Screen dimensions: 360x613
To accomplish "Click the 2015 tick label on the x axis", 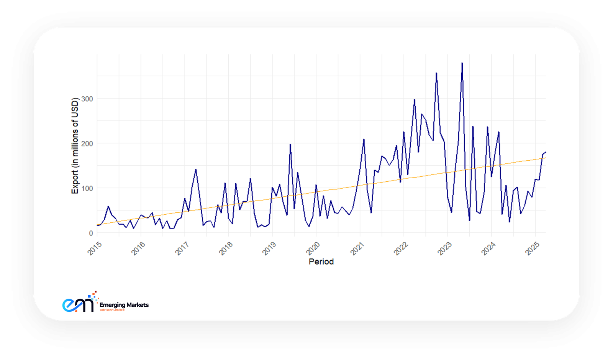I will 95,248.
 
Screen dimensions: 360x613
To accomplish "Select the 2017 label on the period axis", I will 182,248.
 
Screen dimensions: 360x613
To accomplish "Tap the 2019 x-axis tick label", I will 269,248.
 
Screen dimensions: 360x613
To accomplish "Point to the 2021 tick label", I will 357,248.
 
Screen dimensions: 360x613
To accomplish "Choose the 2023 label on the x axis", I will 445,248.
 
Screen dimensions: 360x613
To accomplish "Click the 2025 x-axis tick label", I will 532,248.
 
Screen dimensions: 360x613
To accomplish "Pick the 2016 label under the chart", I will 138,248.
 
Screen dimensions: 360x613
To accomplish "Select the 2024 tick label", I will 488,248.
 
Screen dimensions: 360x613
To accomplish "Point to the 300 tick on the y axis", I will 87,99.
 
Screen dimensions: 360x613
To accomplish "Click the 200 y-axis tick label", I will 87,144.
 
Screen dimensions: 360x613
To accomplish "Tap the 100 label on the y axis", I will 87,188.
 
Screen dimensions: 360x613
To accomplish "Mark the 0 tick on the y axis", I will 91,233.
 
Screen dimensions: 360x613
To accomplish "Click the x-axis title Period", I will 321,261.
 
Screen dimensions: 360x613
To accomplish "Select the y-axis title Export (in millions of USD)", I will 75,146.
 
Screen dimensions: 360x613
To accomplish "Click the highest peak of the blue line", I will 462,63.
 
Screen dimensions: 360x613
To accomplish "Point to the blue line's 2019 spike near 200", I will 290,145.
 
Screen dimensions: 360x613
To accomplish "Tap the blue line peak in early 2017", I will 196,169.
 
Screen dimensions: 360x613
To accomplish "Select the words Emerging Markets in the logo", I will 124,305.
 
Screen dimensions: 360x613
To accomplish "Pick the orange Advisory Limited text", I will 112,310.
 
